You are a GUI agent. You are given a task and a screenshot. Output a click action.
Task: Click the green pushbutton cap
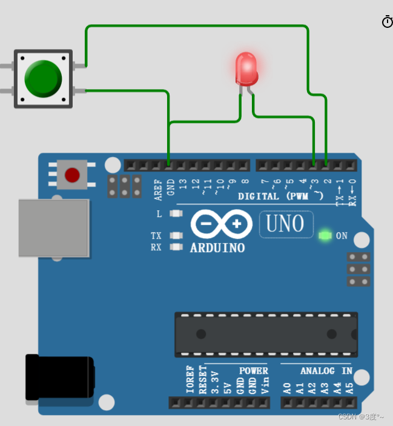click(x=43, y=78)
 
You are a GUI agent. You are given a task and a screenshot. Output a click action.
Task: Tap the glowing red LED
click(x=246, y=68)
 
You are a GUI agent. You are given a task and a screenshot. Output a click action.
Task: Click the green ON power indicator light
click(x=325, y=235)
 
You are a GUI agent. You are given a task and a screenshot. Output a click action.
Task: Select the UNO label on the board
click(x=286, y=224)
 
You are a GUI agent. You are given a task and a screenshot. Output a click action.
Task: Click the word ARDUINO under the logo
click(x=217, y=248)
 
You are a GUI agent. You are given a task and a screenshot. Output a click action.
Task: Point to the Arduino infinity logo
click(x=221, y=224)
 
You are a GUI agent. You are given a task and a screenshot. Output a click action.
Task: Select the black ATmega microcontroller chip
click(x=266, y=334)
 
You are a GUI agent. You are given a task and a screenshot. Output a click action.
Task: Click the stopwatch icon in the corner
click(x=387, y=22)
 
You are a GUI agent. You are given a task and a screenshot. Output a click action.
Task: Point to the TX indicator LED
click(x=176, y=236)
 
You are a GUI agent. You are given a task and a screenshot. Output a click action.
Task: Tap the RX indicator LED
click(x=176, y=247)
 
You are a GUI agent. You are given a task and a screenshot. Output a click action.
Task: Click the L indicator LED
click(x=176, y=213)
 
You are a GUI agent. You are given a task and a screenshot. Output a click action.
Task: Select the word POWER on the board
click(x=253, y=370)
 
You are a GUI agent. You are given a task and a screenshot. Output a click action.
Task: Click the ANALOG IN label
click(x=326, y=370)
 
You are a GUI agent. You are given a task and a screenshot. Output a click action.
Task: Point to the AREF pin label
click(x=159, y=189)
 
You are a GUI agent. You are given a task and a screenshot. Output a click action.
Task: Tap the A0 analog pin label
click(x=287, y=388)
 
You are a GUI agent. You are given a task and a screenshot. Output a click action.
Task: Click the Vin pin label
click(x=265, y=386)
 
